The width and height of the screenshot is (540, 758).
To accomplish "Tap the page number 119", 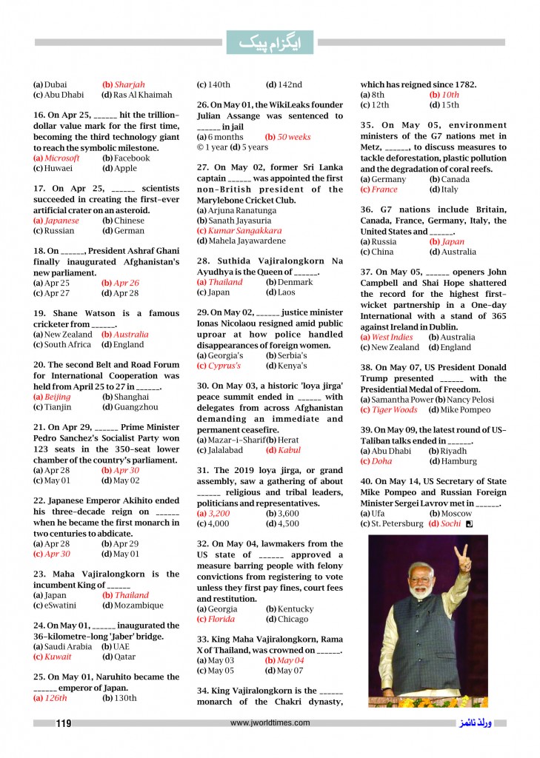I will click(x=64, y=723).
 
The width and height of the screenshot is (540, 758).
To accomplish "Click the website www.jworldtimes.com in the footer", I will click(x=270, y=723).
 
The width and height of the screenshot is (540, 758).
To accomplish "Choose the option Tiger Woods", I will click(x=394, y=409).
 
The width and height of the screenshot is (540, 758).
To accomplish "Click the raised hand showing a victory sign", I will click(x=465, y=557).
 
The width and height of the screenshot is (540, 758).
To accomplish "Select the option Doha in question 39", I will click(x=381, y=461).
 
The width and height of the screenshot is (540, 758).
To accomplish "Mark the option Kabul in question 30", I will click(x=288, y=449).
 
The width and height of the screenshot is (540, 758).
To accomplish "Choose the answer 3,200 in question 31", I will click(x=219, y=512).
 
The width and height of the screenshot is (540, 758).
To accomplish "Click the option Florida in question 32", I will click(x=221, y=619).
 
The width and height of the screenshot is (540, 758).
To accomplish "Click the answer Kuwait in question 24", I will click(x=58, y=657).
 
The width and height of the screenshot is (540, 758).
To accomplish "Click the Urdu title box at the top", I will click(x=270, y=43).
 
